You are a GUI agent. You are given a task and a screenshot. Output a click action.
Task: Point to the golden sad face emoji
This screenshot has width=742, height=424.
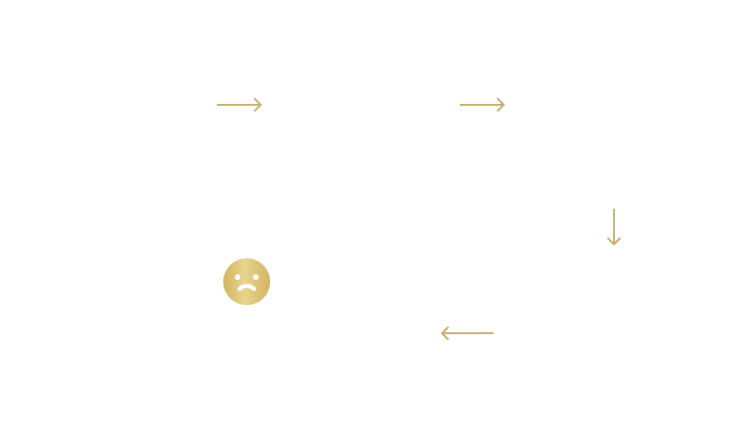tap(247, 283)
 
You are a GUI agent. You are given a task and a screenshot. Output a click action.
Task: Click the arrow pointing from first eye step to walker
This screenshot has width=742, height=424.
tap(239, 105)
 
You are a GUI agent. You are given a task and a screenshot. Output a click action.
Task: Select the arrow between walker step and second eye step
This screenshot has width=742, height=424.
tap(482, 105)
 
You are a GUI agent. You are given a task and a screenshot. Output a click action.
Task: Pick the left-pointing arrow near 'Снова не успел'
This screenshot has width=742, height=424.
tap(466, 332)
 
